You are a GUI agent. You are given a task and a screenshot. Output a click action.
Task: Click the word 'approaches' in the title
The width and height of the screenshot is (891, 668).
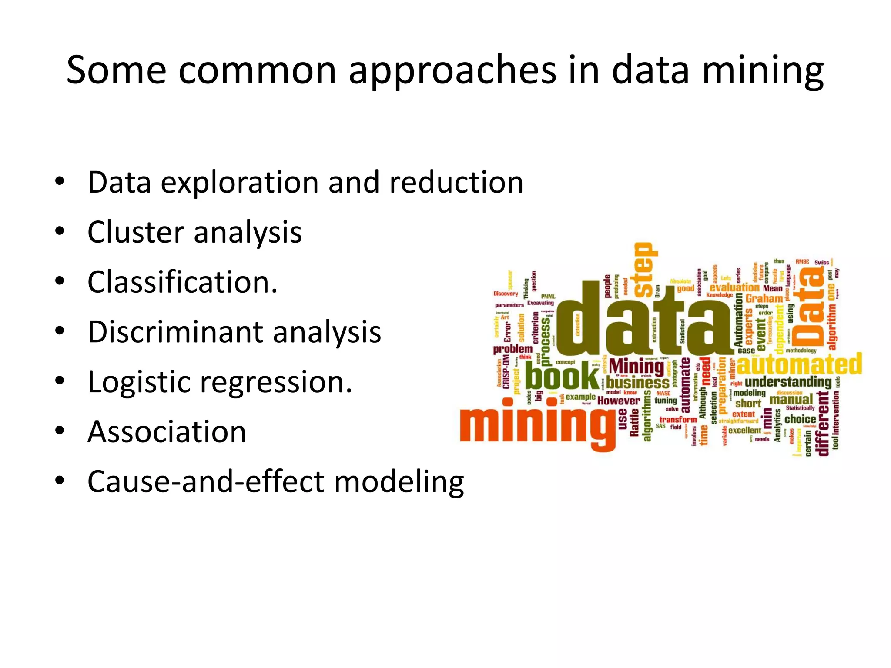tap(452, 71)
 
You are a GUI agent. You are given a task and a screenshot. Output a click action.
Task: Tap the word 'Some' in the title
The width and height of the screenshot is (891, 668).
tap(116, 70)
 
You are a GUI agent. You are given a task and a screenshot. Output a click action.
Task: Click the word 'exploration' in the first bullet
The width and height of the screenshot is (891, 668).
tap(240, 183)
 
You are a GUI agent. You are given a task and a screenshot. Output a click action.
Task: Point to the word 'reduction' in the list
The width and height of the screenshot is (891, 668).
tap(456, 182)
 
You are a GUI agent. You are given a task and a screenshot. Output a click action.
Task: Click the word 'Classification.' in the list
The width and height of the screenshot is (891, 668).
tap(182, 282)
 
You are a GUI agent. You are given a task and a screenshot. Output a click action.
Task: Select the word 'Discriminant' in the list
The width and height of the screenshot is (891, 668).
tap(175, 332)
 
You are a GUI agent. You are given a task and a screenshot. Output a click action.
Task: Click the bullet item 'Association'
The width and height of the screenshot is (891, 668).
tap(167, 432)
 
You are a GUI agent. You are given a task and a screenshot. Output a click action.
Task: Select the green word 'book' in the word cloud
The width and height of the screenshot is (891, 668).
tap(561, 376)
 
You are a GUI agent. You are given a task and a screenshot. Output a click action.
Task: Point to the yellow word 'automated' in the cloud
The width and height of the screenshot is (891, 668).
tap(799, 364)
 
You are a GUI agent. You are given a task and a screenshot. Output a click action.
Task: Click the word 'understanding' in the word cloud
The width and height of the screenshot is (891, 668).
tap(788, 382)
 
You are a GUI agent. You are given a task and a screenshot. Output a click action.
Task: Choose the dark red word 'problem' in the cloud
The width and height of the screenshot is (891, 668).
tap(512, 349)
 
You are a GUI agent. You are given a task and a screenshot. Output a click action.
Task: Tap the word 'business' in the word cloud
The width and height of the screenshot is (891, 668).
tap(637, 383)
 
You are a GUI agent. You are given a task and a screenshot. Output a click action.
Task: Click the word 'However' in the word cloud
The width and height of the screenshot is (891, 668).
tap(618, 401)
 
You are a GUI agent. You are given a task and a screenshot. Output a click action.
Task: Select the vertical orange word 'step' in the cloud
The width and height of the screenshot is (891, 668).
tap(645, 270)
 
